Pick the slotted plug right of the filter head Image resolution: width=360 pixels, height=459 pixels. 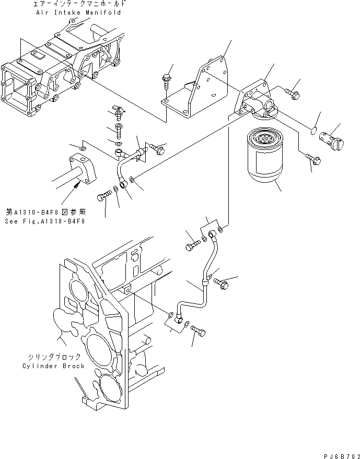pyautogui.click(x=332, y=137)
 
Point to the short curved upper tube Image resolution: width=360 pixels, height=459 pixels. pyautogui.click(x=123, y=167)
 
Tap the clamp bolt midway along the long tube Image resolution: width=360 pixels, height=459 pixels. pyautogui.click(x=223, y=284)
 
